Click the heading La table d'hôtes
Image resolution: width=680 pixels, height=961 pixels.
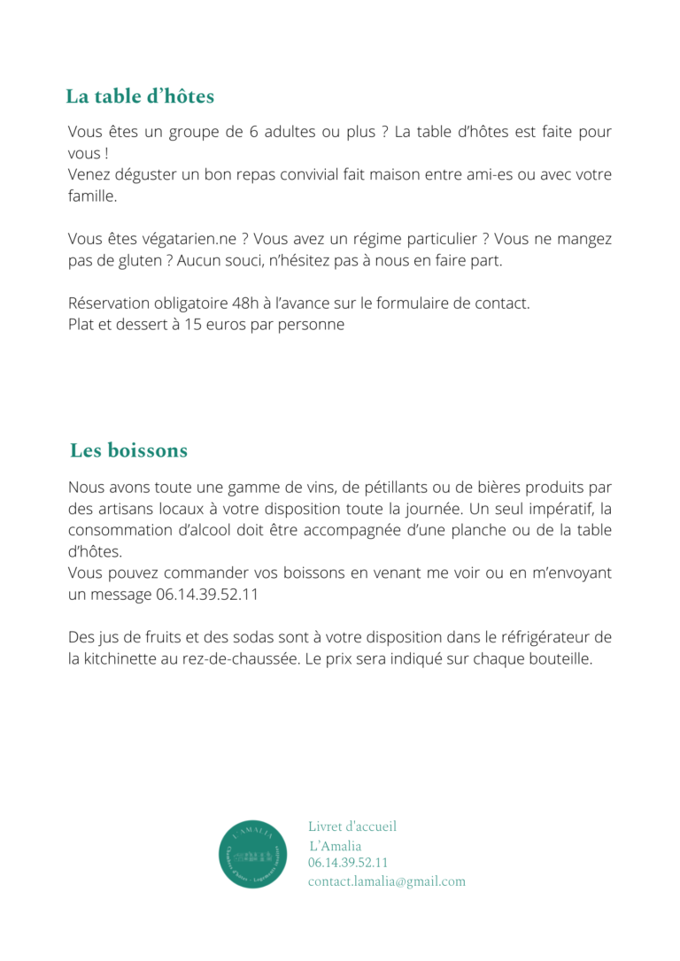(140, 96)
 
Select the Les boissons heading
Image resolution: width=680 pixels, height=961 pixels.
(128, 450)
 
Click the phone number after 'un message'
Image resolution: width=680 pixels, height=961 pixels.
(207, 595)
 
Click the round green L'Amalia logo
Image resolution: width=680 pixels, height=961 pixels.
(252, 854)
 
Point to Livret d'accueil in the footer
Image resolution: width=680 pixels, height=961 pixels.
(352, 826)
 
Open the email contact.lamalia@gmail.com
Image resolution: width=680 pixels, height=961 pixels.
(386, 881)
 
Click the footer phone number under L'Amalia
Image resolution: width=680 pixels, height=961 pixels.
(348, 863)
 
